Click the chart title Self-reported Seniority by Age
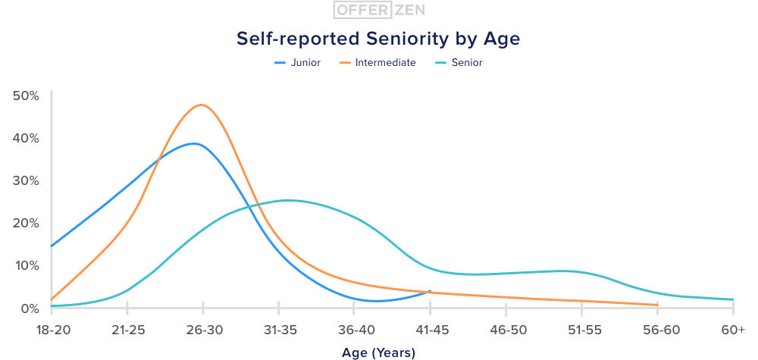click(378, 38)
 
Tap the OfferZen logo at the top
click(378, 10)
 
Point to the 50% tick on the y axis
click(27, 96)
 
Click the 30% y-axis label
click(27, 181)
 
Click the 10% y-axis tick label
click(27, 266)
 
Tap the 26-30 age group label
click(203, 330)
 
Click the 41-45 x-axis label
click(430, 330)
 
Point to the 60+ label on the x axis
click(733, 330)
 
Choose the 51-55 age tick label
click(581, 330)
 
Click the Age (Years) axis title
click(378, 352)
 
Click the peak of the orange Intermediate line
click(201, 105)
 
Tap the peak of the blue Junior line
click(195, 143)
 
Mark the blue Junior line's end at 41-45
click(430, 291)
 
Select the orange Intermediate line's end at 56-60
click(657, 305)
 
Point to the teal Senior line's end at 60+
click(733, 299)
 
